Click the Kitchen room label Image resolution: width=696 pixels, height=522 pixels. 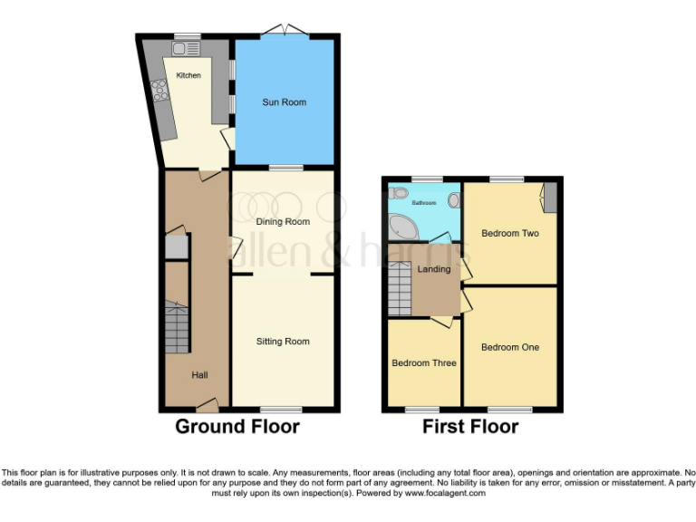(x=188, y=75)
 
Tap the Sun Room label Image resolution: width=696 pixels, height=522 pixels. (x=285, y=102)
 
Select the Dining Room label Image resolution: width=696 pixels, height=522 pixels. (x=283, y=221)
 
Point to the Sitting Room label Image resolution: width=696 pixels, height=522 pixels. (x=283, y=342)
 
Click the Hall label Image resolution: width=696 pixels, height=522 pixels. (x=200, y=374)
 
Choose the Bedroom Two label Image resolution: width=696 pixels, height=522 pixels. (x=509, y=234)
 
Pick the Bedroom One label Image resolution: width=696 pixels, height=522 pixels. (x=509, y=347)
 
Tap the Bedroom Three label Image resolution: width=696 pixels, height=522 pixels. (x=423, y=363)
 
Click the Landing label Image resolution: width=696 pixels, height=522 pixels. (x=433, y=269)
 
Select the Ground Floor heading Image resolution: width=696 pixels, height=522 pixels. (x=237, y=426)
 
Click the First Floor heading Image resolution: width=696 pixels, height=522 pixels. (x=470, y=426)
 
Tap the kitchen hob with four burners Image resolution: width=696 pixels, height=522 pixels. (x=160, y=91)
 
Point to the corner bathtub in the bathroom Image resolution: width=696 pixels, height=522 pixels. (x=400, y=223)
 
